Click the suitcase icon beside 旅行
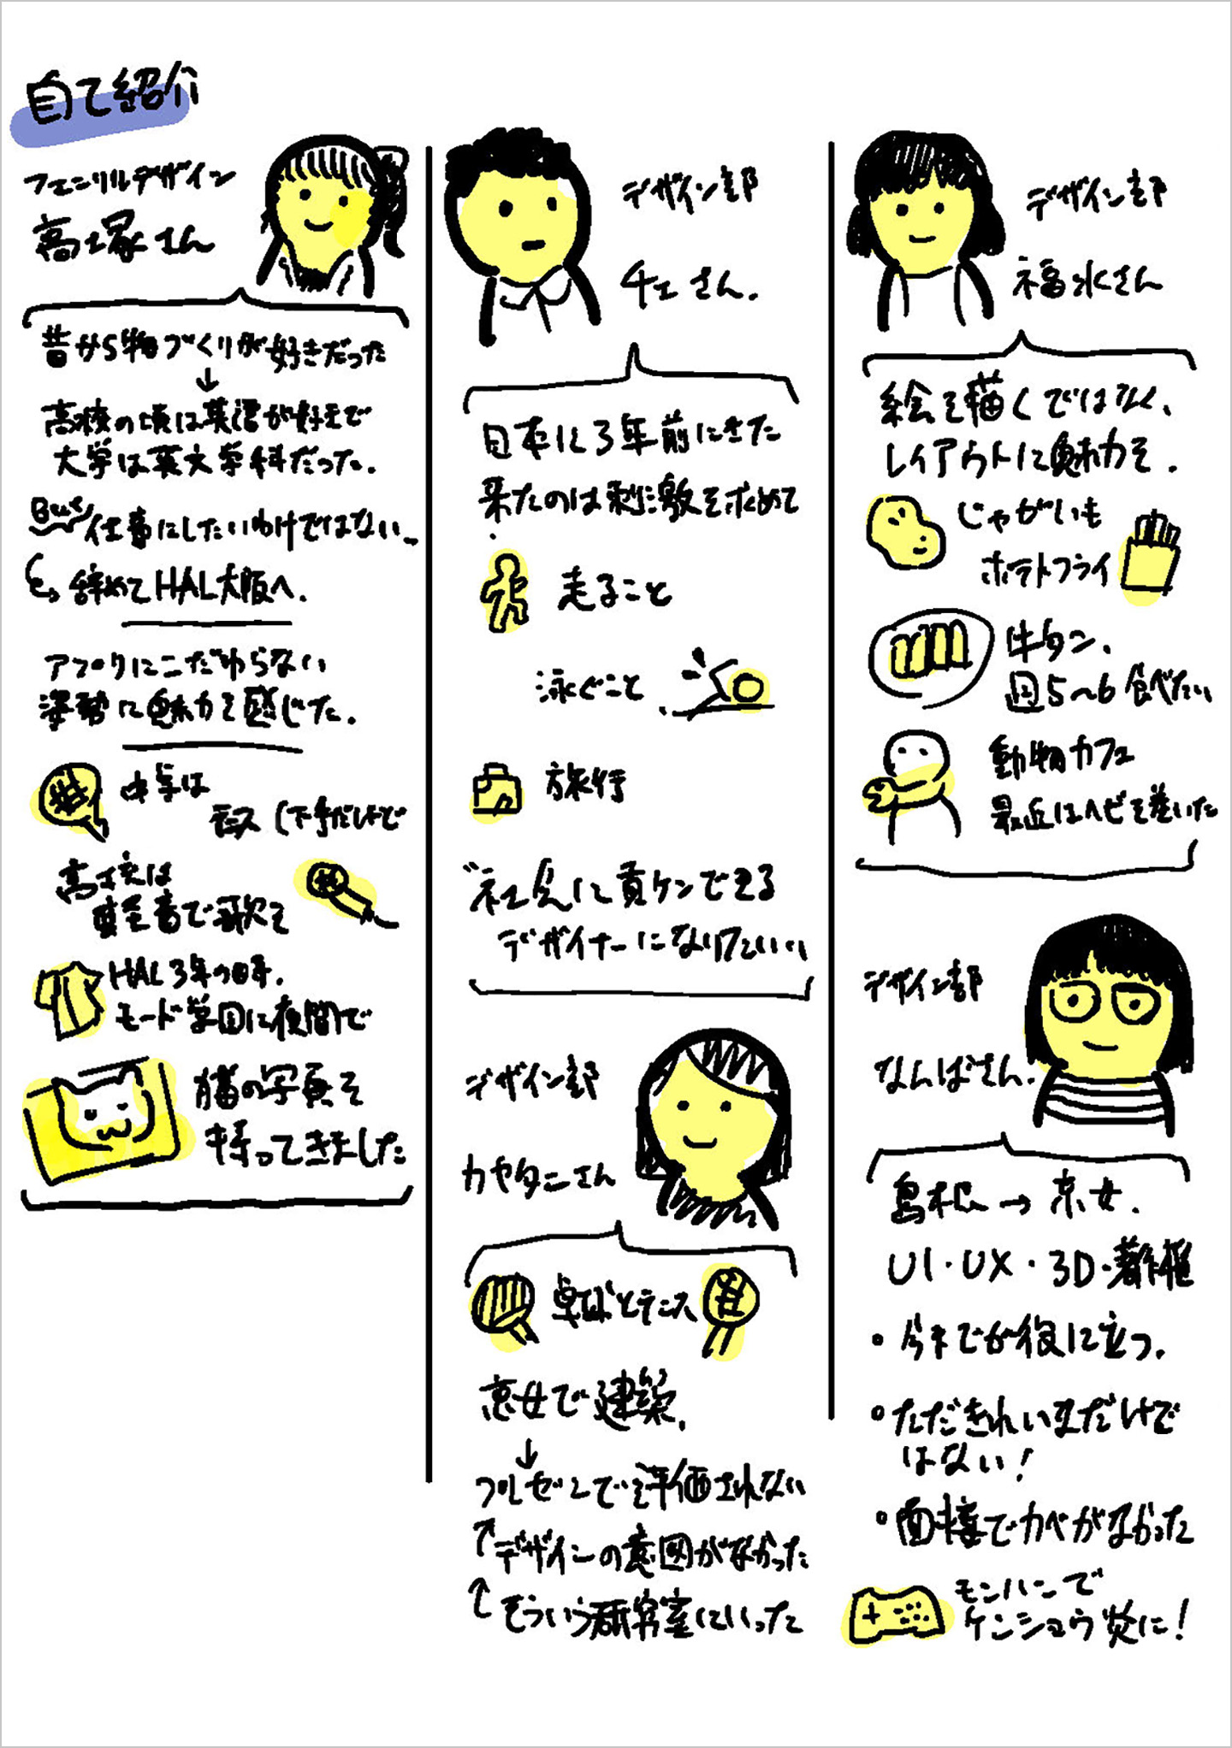[497, 791]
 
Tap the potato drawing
[905, 531]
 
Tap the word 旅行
[587, 782]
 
